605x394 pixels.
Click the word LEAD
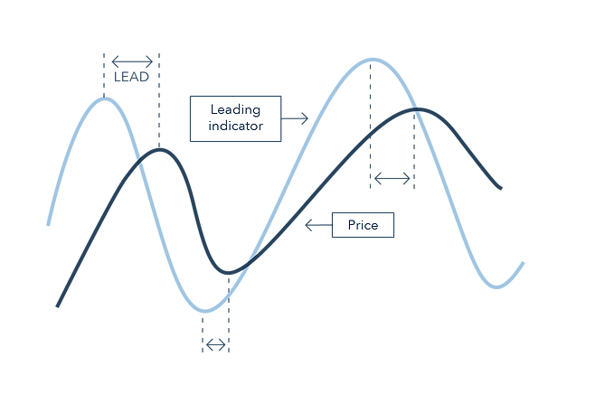pyautogui.click(x=131, y=78)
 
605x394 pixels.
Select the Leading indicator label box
pyautogui.click(x=235, y=117)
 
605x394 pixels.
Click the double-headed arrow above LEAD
pyautogui.click(x=132, y=61)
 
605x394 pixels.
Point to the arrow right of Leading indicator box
pyautogui.click(x=296, y=117)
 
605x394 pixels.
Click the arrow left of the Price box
pyautogui.click(x=318, y=225)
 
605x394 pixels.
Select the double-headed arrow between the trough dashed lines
pyautogui.click(x=216, y=344)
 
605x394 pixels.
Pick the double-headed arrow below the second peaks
pyautogui.click(x=392, y=179)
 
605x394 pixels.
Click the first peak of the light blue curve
pyautogui.click(x=105, y=98)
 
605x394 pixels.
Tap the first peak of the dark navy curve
pyautogui.click(x=159, y=149)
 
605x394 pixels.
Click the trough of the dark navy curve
pyautogui.click(x=228, y=272)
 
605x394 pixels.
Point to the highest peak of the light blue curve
pyautogui.click(x=371, y=60)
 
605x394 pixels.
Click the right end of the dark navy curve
pyautogui.click(x=500, y=189)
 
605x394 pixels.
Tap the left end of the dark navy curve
pyautogui.click(x=57, y=306)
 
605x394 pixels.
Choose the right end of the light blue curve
pyautogui.click(x=523, y=263)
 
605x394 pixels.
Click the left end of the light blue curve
pyautogui.click(x=48, y=223)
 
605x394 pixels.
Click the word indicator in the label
pyautogui.click(x=235, y=127)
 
